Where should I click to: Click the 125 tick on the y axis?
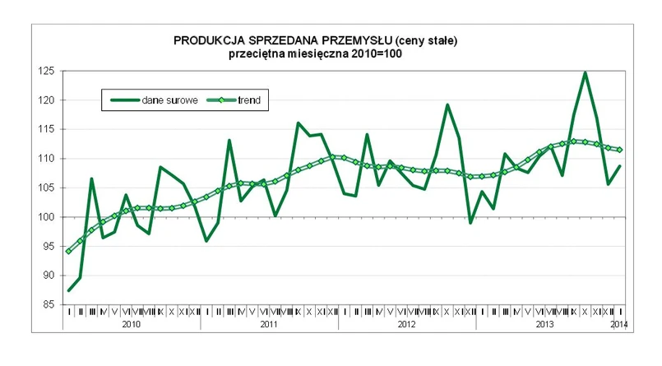coord(47,72)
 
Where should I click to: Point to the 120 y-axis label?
coord(47,100)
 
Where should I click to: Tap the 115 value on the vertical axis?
coord(47,130)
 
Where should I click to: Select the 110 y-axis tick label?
coord(47,159)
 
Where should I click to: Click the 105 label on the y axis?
coord(47,188)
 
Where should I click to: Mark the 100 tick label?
coord(47,217)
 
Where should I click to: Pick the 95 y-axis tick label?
coord(49,247)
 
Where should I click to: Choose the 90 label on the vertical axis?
coord(49,276)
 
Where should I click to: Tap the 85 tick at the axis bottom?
coord(49,305)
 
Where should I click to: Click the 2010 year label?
coord(131,326)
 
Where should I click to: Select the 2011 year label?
coord(268,326)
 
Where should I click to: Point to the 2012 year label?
coord(406,326)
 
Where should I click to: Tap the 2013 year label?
coord(544,326)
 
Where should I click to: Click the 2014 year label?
coord(620,326)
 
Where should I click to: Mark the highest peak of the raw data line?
coord(585,72)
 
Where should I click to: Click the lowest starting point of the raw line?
coord(68,290)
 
